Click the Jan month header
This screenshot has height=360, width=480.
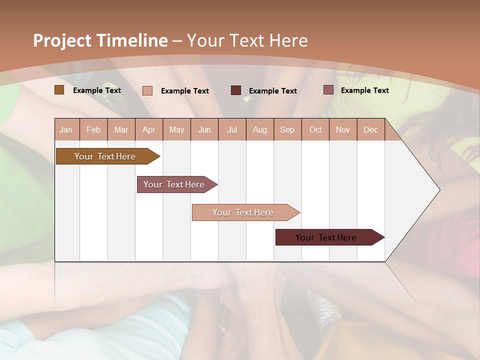(x=66, y=129)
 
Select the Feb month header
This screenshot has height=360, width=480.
(x=93, y=129)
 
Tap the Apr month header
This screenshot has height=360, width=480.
(x=149, y=129)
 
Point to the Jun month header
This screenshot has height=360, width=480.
(x=204, y=129)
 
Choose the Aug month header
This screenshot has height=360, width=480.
(x=260, y=129)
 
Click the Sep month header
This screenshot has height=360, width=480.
(x=287, y=129)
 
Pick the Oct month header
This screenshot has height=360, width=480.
(x=315, y=129)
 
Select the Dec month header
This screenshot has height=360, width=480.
(x=371, y=129)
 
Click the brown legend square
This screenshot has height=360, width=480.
(x=59, y=90)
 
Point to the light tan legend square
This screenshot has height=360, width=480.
(x=147, y=90)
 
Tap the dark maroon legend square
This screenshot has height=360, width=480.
(x=236, y=90)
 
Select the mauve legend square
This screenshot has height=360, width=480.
(x=328, y=90)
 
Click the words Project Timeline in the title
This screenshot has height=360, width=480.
(x=100, y=40)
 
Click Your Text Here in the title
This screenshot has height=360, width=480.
(x=247, y=40)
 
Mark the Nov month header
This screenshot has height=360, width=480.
(x=343, y=129)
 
